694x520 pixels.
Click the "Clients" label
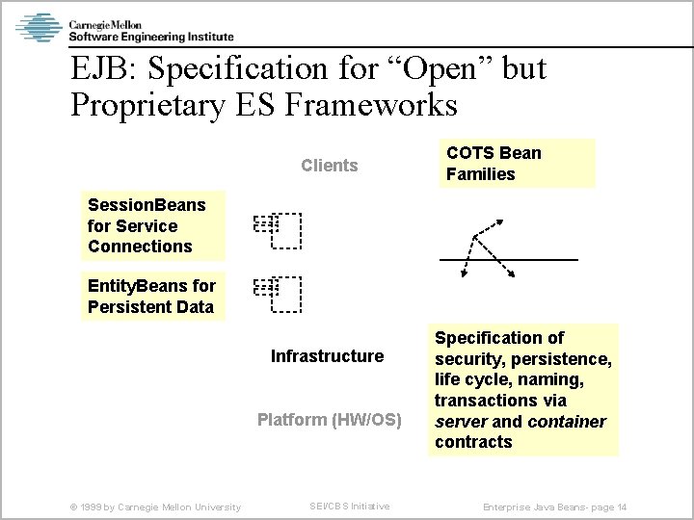click(x=329, y=166)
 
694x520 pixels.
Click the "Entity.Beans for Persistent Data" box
click(x=151, y=297)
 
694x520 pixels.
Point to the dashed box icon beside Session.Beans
click(x=279, y=229)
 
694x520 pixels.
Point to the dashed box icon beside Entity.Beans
click(x=279, y=294)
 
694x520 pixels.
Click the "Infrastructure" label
click(x=327, y=356)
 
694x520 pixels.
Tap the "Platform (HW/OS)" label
click(x=329, y=420)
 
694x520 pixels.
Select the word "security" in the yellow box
click(x=469, y=358)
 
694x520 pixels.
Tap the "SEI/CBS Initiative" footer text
click(x=349, y=507)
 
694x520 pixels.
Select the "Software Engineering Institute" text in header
click(x=150, y=37)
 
